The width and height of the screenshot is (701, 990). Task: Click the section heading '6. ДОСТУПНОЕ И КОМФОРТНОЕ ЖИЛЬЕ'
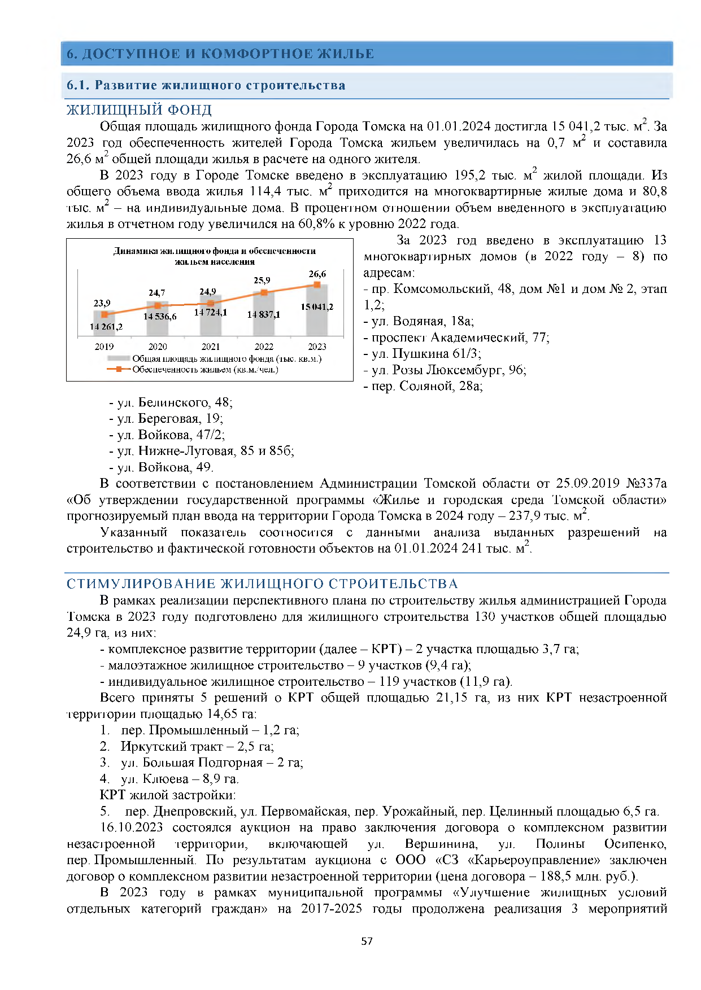pyautogui.click(x=220, y=54)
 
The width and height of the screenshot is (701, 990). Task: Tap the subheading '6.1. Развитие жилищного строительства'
pyautogui.click(x=206, y=85)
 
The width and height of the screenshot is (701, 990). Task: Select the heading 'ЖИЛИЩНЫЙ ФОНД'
pyautogui.click(x=139, y=109)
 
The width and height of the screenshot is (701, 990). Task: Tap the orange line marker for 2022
pyautogui.click(x=263, y=292)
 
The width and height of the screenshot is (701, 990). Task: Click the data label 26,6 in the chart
pyautogui.click(x=317, y=274)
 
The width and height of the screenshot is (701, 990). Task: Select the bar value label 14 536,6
pyautogui.click(x=160, y=317)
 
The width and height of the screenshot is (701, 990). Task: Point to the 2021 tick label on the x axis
pyautogui.click(x=210, y=347)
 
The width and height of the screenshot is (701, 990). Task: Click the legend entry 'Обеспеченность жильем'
pyautogui.click(x=204, y=370)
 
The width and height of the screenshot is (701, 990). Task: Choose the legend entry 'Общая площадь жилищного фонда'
pyautogui.click(x=226, y=359)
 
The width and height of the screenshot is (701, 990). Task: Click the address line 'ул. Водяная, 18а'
pyautogui.click(x=423, y=321)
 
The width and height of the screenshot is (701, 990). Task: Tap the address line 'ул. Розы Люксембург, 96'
pyautogui.click(x=449, y=370)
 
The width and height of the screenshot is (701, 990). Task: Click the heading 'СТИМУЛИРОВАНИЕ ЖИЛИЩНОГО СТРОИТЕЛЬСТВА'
pyautogui.click(x=262, y=584)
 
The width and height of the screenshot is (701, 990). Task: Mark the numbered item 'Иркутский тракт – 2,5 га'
pyautogui.click(x=197, y=746)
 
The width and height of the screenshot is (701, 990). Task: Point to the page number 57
pyautogui.click(x=367, y=941)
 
